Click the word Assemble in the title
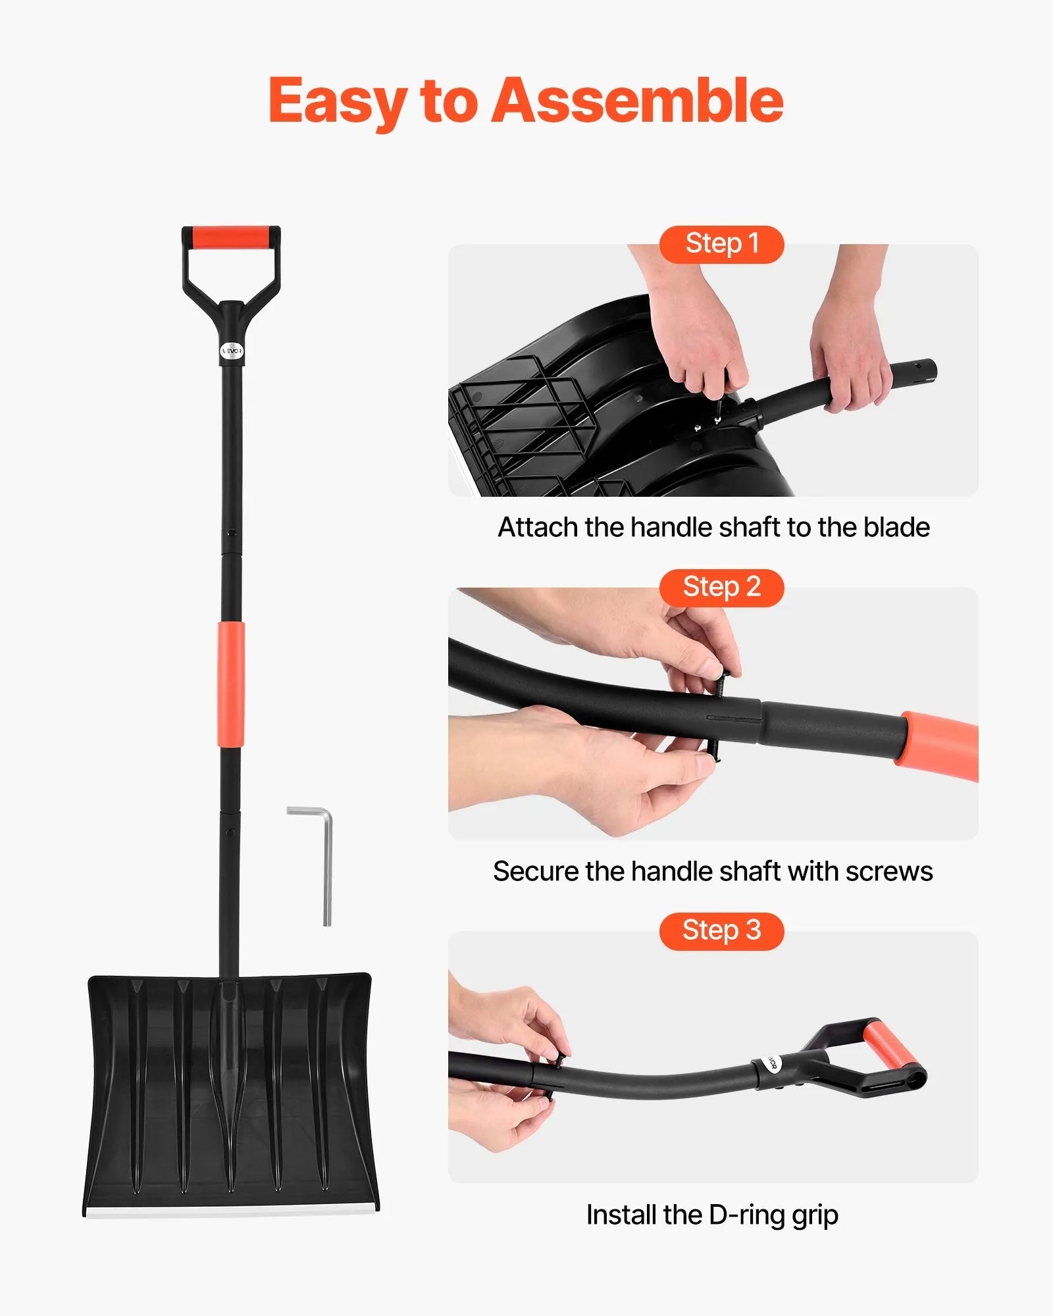(637, 101)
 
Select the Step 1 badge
(721, 244)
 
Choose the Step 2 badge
(721, 588)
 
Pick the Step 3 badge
(721, 931)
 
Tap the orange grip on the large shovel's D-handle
(230, 237)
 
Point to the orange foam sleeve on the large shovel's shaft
(230, 684)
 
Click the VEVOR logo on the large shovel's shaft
(231, 351)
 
